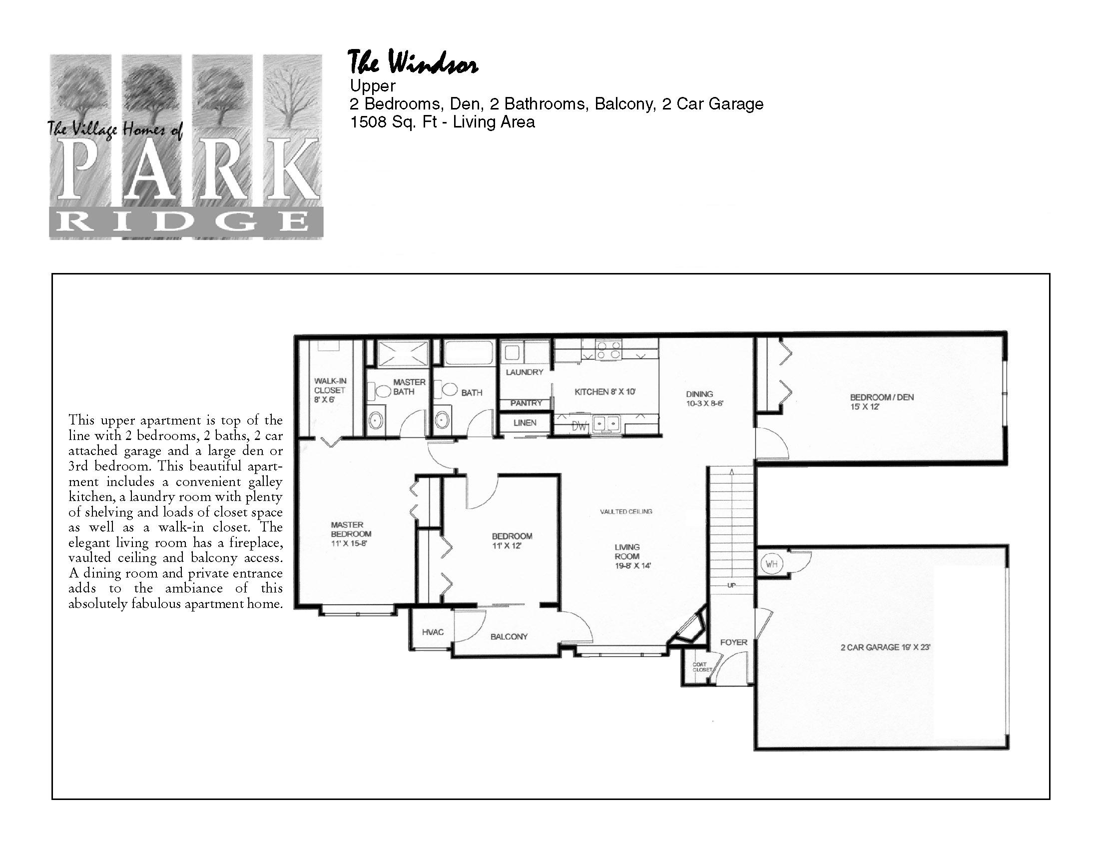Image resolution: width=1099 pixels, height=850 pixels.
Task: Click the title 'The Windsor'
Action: (x=413, y=64)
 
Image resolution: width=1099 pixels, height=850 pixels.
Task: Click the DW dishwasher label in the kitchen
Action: (x=579, y=426)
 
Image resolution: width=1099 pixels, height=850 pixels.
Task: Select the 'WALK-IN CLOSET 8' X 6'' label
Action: (x=330, y=390)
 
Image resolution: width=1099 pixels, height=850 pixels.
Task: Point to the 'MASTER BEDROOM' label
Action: (x=351, y=529)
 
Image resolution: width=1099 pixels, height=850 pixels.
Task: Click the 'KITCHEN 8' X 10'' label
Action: (x=609, y=392)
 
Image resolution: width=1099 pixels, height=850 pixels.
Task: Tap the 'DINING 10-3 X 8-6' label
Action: (x=704, y=399)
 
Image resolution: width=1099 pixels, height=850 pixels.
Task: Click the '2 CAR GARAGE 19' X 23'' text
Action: (x=886, y=647)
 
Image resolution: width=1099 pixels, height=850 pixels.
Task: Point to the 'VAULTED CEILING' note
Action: (x=626, y=511)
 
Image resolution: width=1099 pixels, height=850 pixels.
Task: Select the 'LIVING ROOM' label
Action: (x=627, y=551)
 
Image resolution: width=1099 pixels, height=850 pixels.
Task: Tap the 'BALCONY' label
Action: (x=509, y=636)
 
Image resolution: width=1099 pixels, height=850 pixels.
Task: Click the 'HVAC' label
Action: (x=433, y=632)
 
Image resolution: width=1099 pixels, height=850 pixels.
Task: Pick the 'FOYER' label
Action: (x=734, y=642)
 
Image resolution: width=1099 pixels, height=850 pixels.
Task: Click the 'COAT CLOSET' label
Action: (x=702, y=667)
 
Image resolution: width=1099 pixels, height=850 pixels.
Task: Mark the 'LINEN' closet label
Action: (x=525, y=423)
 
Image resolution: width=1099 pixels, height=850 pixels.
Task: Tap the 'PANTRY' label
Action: (x=527, y=403)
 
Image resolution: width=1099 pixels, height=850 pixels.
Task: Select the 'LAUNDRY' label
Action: (x=525, y=372)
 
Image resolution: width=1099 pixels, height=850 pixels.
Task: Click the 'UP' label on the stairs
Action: (x=731, y=585)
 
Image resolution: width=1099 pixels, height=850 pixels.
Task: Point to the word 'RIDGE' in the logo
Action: (x=186, y=221)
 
